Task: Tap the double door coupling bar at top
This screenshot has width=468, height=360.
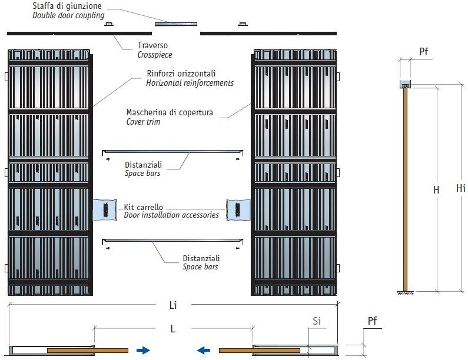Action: (x=176, y=24)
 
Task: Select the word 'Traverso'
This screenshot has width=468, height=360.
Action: (x=152, y=45)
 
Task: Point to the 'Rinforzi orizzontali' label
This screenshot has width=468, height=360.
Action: (x=181, y=74)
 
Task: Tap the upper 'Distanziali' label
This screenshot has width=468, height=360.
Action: (x=144, y=165)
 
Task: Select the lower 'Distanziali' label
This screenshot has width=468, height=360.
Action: (x=201, y=258)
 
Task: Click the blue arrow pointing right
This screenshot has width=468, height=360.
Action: (x=143, y=351)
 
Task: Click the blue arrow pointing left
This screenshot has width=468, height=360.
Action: (x=203, y=351)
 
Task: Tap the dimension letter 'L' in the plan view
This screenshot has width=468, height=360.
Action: (x=173, y=329)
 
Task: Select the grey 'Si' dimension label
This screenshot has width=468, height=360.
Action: (x=317, y=321)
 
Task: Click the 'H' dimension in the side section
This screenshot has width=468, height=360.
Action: (x=436, y=190)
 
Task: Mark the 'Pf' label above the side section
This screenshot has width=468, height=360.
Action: (x=424, y=52)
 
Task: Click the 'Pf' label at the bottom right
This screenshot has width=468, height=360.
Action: (x=372, y=321)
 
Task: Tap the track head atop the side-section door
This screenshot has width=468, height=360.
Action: (x=405, y=84)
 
